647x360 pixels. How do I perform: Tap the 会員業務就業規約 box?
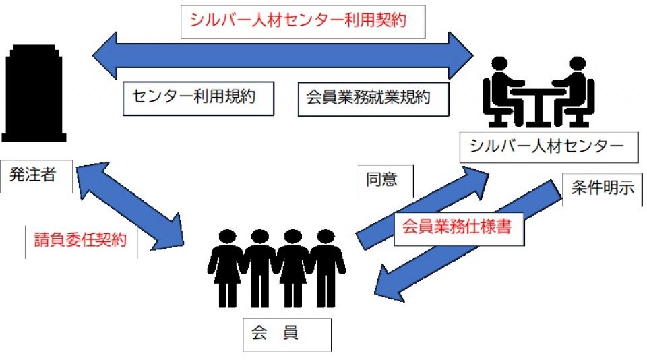coord(373,98)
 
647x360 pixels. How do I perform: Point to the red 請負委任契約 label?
coord(80,240)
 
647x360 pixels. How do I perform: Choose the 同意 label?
coord(381,180)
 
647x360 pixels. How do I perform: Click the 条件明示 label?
coord(603,188)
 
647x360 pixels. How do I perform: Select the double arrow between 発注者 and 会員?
coord(131,205)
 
